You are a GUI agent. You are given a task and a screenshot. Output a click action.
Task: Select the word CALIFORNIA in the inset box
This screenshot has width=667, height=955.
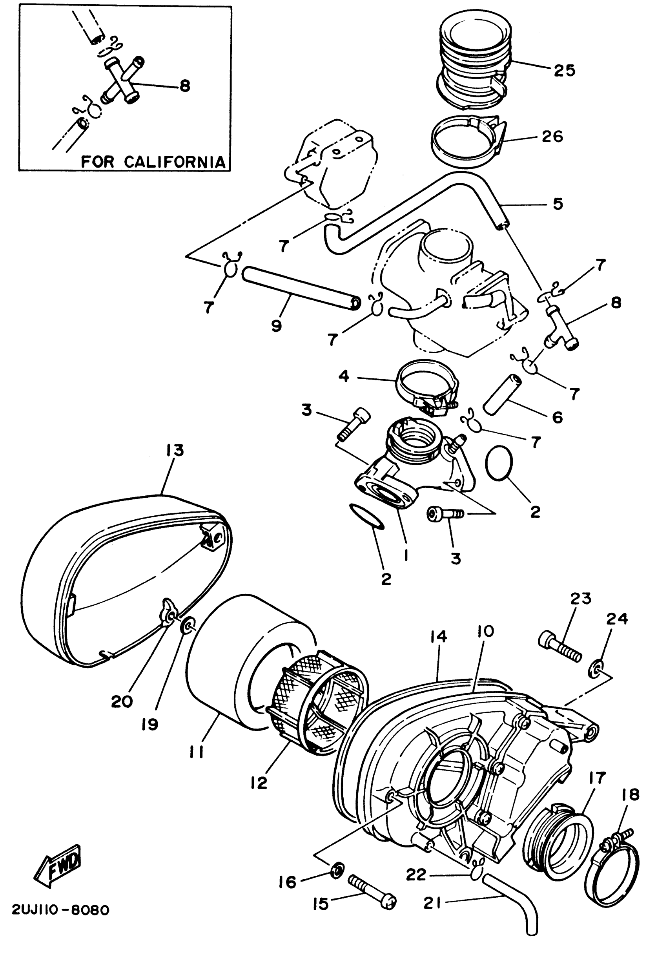point(175,161)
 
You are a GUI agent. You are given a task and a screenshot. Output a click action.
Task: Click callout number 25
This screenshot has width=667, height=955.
point(564,70)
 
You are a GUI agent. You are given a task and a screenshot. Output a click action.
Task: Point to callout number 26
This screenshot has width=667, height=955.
point(552,137)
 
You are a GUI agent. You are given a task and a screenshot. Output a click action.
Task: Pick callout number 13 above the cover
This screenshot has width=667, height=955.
point(175,450)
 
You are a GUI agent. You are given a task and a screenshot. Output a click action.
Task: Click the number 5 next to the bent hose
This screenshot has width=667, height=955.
point(558,204)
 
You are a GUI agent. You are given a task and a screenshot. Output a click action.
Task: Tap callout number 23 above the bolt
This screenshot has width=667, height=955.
point(581,599)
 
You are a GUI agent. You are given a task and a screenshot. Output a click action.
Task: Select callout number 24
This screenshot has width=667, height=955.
point(617,619)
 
